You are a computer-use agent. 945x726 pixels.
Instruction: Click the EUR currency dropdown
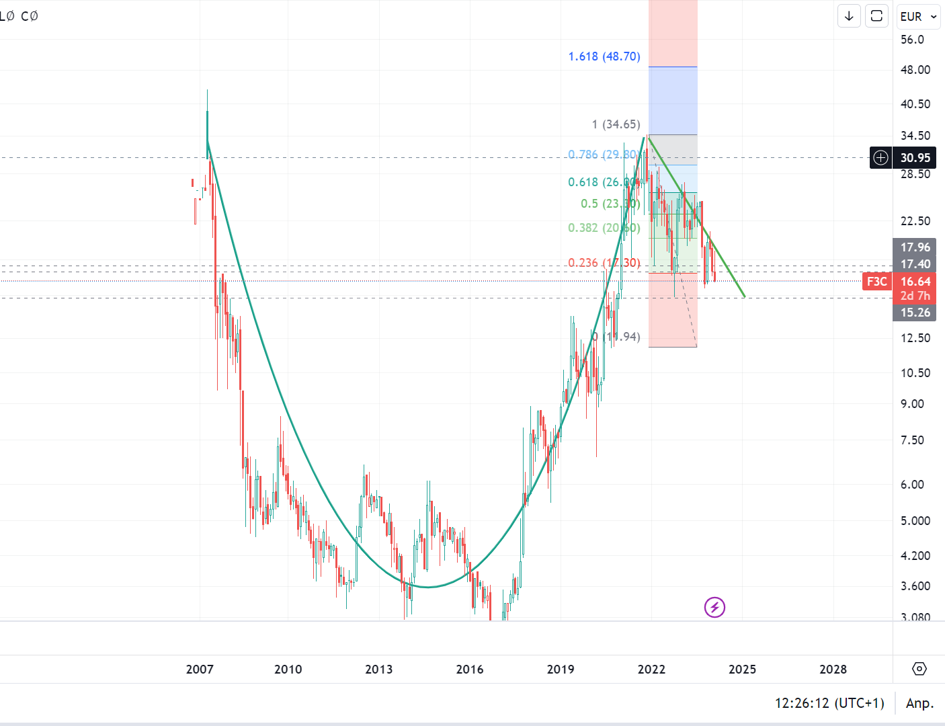(918, 16)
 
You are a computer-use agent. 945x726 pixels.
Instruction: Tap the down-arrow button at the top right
(849, 16)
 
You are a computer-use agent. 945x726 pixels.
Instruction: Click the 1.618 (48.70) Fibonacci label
(604, 56)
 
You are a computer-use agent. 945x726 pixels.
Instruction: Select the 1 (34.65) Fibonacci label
(616, 124)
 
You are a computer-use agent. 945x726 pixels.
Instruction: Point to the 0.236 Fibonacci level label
(604, 263)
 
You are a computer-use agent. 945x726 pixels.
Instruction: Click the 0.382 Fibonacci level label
(604, 228)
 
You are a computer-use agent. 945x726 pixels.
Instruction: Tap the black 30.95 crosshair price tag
(915, 158)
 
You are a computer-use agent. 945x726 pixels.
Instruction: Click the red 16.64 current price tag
(915, 282)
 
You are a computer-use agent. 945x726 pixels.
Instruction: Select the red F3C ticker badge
(876, 282)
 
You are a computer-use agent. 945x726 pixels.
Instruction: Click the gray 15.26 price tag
(915, 313)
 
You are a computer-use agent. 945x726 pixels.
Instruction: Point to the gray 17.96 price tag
(915, 247)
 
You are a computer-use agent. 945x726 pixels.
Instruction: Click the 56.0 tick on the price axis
(912, 40)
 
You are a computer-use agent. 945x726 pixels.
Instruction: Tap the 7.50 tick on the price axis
(912, 440)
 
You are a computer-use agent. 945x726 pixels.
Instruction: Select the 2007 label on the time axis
(200, 670)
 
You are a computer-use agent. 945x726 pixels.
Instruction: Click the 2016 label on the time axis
(470, 670)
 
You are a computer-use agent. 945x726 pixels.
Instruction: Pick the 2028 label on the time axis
(833, 670)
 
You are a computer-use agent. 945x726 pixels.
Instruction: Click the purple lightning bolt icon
(714, 608)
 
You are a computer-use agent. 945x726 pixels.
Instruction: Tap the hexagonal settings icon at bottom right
(919, 669)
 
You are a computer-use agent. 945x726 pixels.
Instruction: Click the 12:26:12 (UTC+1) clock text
(829, 703)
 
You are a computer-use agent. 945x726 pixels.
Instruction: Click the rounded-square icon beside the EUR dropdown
(876, 16)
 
